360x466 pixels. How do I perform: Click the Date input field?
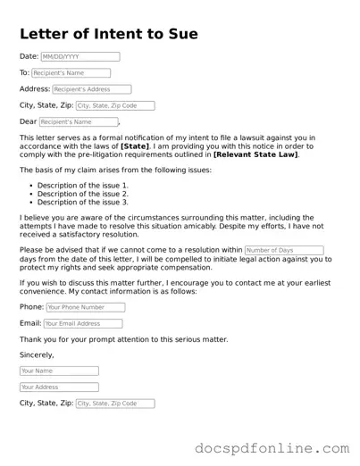[x=80, y=57]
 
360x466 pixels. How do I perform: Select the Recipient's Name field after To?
[x=71, y=73]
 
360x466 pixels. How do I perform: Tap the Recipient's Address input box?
[x=91, y=89]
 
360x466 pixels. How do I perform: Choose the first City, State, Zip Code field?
[x=114, y=105]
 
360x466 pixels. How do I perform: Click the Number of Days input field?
[x=283, y=250]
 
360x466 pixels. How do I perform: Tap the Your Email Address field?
[x=83, y=323]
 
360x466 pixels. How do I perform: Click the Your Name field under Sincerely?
[x=59, y=370]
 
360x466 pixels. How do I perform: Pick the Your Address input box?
[x=59, y=387]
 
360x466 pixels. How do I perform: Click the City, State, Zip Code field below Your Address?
[x=114, y=404]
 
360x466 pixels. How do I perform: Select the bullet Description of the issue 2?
[x=83, y=194]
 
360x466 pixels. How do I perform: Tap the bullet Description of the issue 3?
[x=83, y=202]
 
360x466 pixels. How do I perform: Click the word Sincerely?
[x=37, y=355]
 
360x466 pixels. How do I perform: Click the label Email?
[x=30, y=323]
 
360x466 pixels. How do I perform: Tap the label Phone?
[x=31, y=307]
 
